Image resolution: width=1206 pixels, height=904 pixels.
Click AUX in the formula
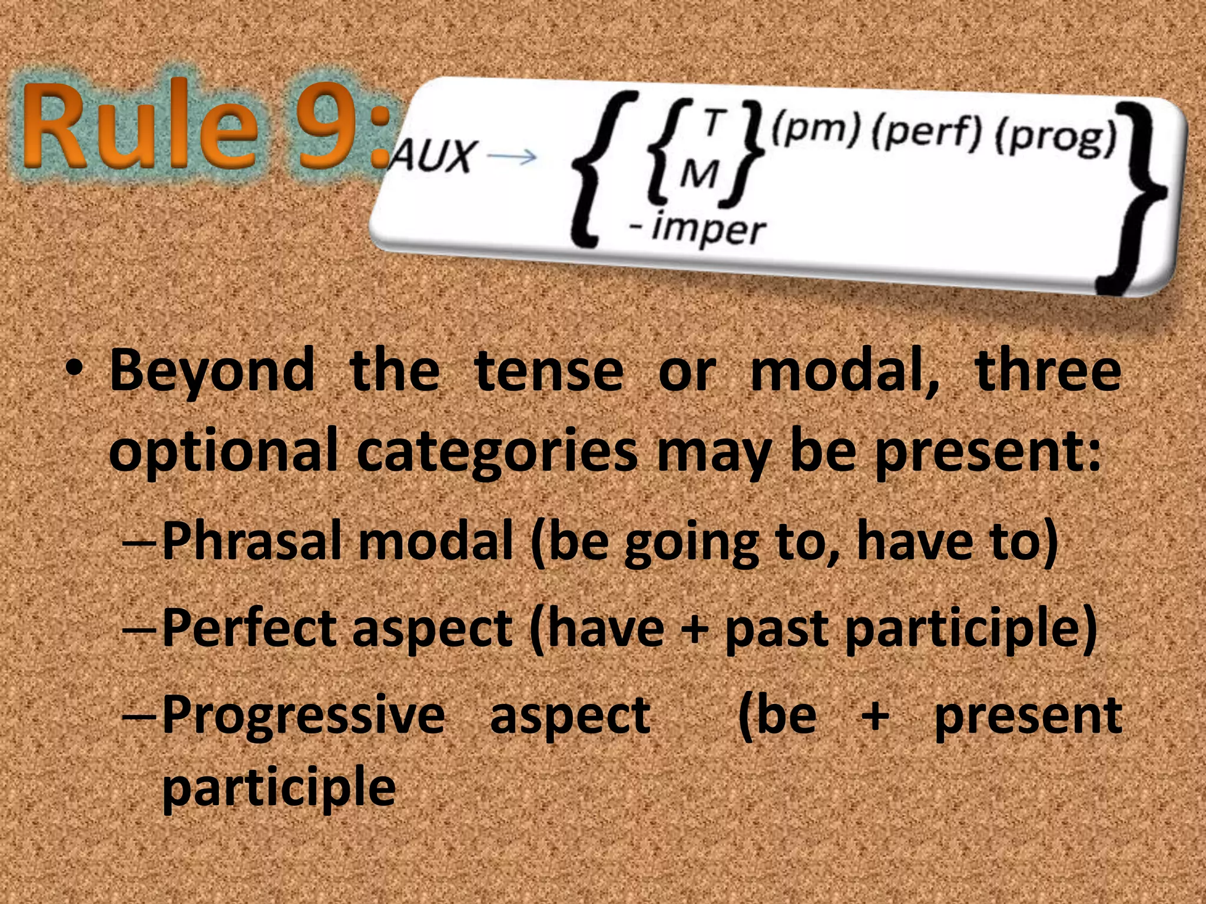point(433,156)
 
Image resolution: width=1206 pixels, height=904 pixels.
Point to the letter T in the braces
point(713,123)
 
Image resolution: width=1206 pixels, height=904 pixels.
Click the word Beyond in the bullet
point(212,371)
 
